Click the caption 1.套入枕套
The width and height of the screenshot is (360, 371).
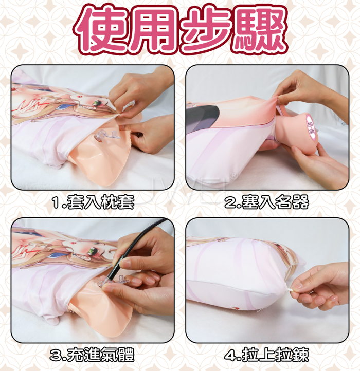point(93,202)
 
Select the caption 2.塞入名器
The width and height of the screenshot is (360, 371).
point(267,202)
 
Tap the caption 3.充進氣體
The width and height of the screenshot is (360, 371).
point(93,355)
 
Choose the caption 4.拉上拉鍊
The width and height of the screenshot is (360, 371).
point(267,355)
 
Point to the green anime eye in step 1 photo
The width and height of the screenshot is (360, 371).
point(97,102)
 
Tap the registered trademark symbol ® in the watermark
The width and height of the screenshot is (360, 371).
point(233,176)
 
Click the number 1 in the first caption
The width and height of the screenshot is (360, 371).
point(56,202)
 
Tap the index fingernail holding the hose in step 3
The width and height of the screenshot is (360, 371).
point(125,263)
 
